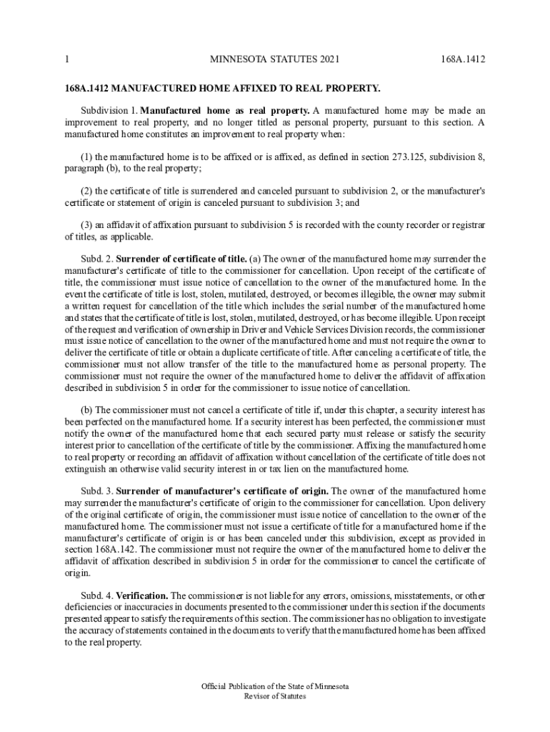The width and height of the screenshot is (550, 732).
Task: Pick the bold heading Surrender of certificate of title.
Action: coord(181,259)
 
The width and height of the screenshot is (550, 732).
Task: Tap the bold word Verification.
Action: coord(142,595)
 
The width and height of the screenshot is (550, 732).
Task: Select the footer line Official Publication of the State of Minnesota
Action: coord(275,686)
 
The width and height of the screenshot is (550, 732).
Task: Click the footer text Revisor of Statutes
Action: coord(275,696)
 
